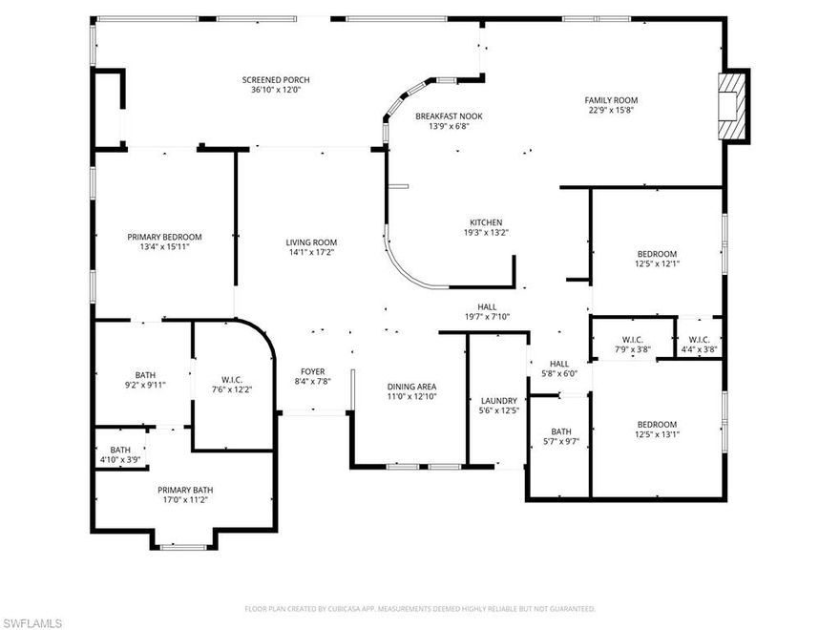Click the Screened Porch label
[275, 80]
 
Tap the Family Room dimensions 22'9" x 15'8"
[611, 110]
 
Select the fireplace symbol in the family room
[731, 105]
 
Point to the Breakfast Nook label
[442, 115]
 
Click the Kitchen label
[485, 222]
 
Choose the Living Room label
[311, 242]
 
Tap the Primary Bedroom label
[164, 237]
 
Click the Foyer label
[313, 372]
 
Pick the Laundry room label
[499, 401]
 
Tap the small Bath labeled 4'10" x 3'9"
[120, 454]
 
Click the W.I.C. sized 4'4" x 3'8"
[699, 340]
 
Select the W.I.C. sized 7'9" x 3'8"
[632, 340]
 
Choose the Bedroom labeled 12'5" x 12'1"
[658, 253]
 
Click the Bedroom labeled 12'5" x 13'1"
[657, 425]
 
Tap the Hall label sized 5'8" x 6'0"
[559, 364]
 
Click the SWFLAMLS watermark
[32, 622]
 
